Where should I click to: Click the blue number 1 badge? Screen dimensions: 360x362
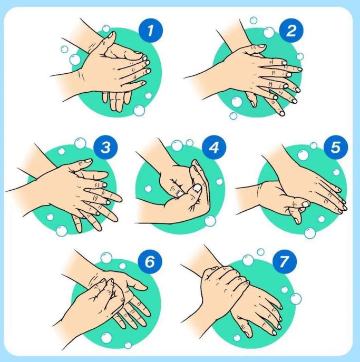click(x=151, y=31)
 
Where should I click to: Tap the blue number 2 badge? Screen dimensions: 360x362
click(x=291, y=31)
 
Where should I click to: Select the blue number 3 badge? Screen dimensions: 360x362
click(x=105, y=148)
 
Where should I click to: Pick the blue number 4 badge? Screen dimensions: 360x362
click(x=214, y=148)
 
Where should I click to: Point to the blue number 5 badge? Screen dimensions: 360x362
click(x=336, y=148)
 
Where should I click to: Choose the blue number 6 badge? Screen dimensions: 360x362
click(x=150, y=261)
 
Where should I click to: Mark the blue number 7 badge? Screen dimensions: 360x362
click(x=285, y=261)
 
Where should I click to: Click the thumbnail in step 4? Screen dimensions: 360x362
click(x=197, y=188)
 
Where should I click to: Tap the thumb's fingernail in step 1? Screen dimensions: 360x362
click(x=111, y=35)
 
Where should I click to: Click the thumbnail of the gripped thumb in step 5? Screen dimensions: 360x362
click(x=306, y=204)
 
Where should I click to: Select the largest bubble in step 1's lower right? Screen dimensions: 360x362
click(x=139, y=110)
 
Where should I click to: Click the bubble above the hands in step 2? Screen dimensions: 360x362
click(x=269, y=32)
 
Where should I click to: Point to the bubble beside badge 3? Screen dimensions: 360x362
click(x=80, y=143)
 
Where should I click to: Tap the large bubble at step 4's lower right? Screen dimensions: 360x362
click(x=210, y=221)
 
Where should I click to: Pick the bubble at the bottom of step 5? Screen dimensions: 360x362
click(x=310, y=233)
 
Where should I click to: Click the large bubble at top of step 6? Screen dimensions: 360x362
click(x=106, y=258)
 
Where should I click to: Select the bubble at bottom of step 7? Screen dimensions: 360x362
click(x=237, y=338)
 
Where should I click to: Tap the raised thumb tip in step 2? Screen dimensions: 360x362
click(x=261, y=46)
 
